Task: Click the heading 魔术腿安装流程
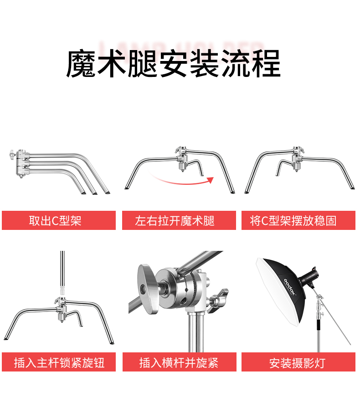coord(173,64)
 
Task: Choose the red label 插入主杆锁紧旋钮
coord(59,362)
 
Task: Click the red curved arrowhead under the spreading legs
coord(211,180)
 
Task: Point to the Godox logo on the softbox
coord(290,286)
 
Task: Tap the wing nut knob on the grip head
coord(218,300)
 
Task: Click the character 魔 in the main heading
coord(81,64)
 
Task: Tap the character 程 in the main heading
coord(266,64)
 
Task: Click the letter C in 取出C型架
coord(55,220)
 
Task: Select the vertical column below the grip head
coord(196,332)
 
